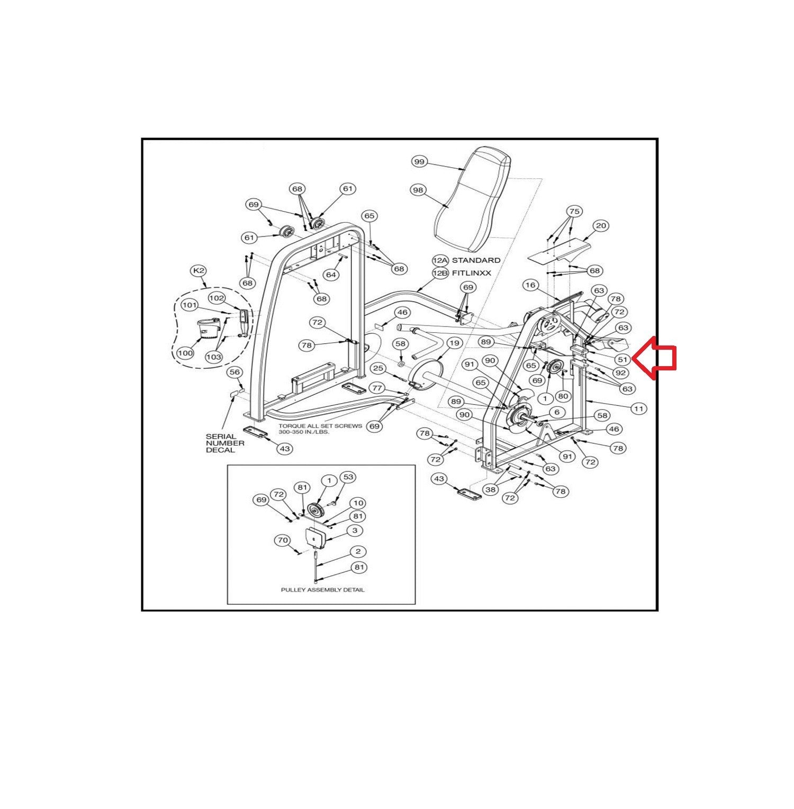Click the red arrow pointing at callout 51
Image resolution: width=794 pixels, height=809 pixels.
click(655, 358)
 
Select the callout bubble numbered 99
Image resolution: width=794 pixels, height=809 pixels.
click(419, 162)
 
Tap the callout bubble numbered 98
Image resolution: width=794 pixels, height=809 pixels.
click(418, 190)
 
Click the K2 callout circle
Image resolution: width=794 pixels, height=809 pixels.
click(198, 271)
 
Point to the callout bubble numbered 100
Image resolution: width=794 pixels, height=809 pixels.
click(185, 353)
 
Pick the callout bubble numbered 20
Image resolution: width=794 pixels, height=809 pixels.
click(601, 226)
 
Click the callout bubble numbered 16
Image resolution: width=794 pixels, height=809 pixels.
click(530, 285)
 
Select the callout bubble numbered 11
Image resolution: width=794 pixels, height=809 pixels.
click(639, 408)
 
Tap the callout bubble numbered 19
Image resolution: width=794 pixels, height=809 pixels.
click(454, 343)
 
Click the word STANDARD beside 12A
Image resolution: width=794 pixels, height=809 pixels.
click(476, 260)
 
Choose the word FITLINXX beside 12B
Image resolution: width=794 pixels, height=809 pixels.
click(472, 273)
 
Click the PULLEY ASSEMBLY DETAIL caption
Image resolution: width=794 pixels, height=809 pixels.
click(322, 589)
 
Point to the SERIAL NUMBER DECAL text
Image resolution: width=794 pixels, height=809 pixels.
click(225, 443)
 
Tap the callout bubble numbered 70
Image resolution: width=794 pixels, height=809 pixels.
click(282, 541)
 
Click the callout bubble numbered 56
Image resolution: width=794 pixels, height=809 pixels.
click(234, 373)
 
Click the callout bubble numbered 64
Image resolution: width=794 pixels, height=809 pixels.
click(331, 275)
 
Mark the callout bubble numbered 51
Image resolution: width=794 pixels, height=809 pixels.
click(623, 360)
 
